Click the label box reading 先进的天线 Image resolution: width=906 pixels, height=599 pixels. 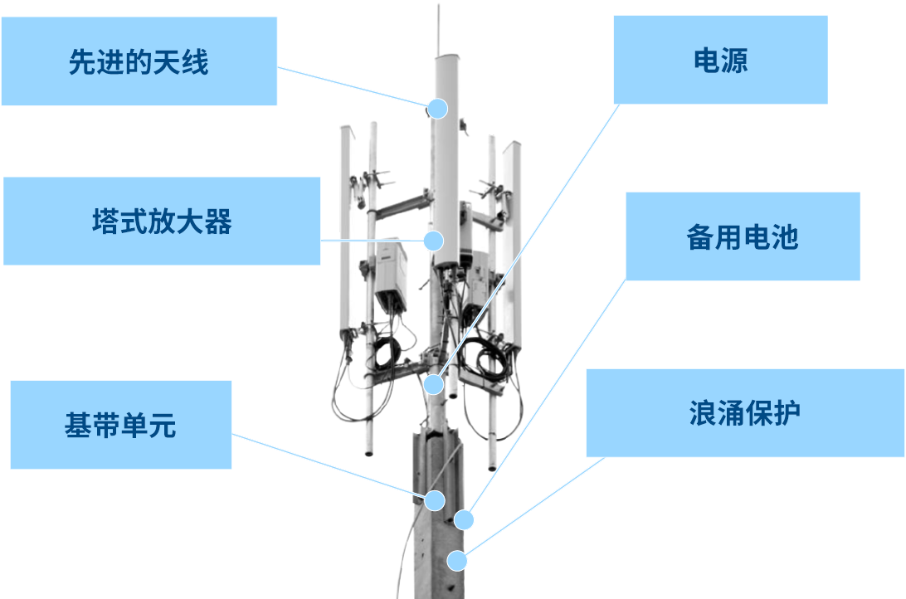coord(139,62)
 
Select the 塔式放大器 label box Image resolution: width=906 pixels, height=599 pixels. coord(162,222)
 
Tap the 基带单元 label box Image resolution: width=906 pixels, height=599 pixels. coord(120,425)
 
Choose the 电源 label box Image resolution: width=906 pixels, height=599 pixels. coord(720,60)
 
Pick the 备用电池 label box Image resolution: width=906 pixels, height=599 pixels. coord(742,237)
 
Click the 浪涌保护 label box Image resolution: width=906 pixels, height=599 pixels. coord(744,412)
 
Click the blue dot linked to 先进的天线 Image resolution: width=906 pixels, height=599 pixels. coord(437,109)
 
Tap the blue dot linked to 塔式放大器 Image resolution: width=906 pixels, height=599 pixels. coord(433,241)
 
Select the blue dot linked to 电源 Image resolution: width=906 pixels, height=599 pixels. coord(434,384)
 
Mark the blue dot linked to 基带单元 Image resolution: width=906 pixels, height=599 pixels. coord(435,500)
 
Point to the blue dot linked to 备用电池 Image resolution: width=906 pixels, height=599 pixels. coord(464,520)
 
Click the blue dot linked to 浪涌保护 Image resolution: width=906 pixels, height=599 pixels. coord(457,560)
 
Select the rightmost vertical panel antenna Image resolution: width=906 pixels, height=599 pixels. coord(513,241)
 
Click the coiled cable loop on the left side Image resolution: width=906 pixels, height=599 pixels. coord(387,353)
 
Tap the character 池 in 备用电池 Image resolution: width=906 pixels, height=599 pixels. coord(785,237)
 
